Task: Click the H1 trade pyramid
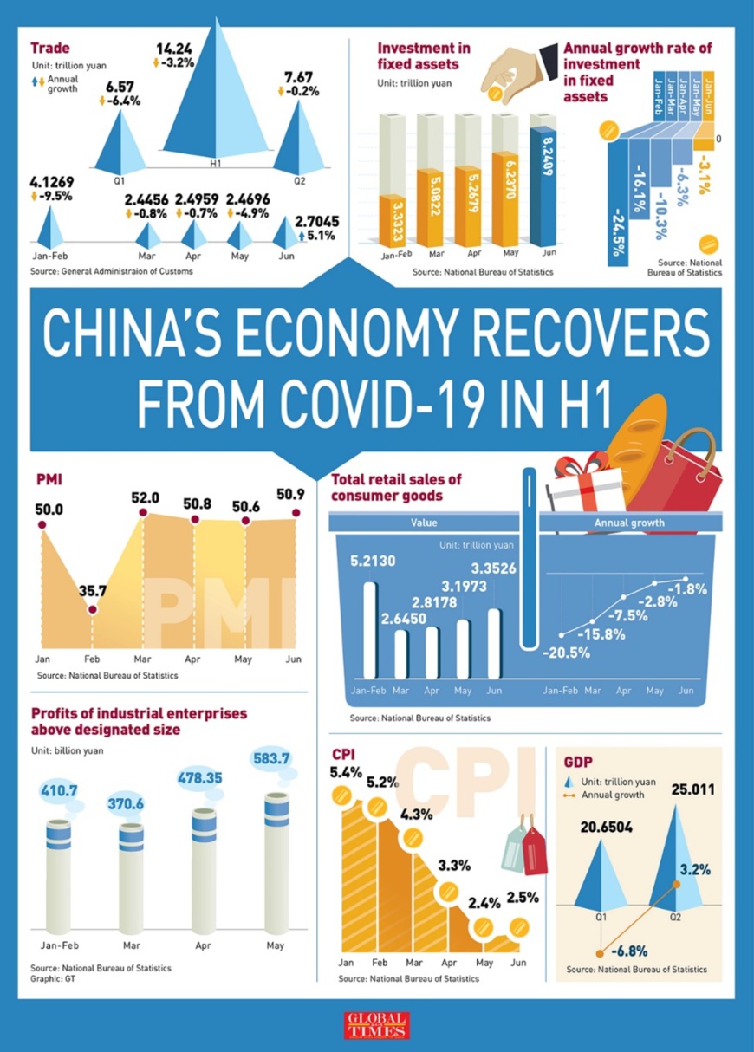click(x=217, y=104)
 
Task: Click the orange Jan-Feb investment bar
click(x=391, y=220)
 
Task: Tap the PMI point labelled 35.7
click(x=93, y=610)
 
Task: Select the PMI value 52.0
click(x=145, y=498)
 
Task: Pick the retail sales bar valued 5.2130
click(x=370, y=629)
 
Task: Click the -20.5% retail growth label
click(x=567, y=652)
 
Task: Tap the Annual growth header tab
click(x=629, y=523)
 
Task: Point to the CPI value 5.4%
click(x=346, y=772)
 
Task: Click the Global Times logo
click(x=376, y=1024)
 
